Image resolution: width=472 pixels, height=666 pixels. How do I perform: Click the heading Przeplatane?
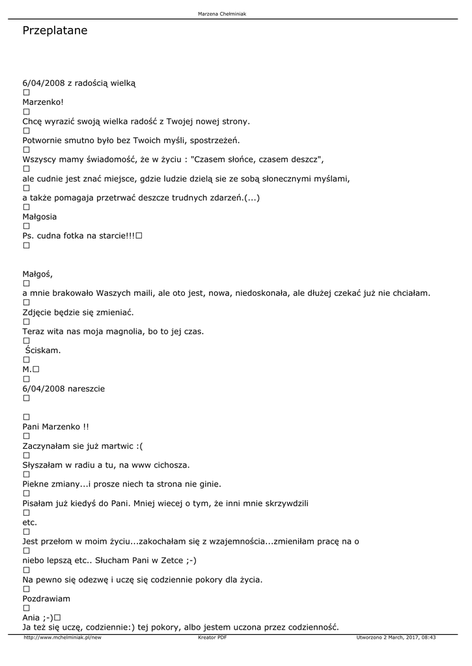point(55,31)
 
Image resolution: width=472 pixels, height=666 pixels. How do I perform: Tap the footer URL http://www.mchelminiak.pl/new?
point(62,637)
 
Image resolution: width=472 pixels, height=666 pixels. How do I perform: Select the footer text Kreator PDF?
point(212,637)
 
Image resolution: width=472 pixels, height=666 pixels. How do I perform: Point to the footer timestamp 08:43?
point(428,637)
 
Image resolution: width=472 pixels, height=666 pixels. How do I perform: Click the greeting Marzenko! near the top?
point(43,102)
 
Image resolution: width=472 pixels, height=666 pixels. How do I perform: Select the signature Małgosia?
point(40,217)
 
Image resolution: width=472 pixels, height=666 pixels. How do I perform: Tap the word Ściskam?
point(43,351)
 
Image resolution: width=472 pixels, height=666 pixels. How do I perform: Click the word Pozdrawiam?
point(46,598)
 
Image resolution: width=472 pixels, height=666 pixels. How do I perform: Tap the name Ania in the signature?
point(31,617)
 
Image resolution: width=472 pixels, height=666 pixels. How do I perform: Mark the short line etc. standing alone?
point(30,522)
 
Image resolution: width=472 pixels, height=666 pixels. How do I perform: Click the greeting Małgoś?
point(38,274)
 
